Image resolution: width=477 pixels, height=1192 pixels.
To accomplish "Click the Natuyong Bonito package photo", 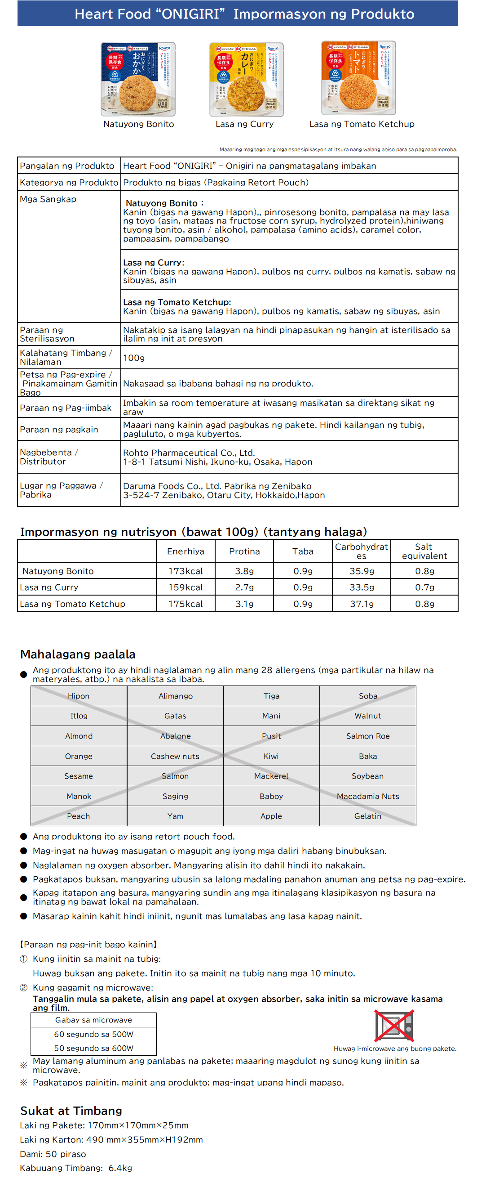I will tap(138, 79).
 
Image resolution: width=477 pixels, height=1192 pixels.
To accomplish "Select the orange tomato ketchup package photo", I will tap(359, 78).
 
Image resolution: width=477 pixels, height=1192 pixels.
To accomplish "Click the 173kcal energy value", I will tap(185, 571).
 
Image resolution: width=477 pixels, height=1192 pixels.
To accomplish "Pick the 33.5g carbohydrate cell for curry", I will tap(362, 587).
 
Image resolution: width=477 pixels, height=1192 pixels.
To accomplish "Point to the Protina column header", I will tap(244, 551).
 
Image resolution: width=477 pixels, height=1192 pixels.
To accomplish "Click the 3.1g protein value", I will tap(244, 604).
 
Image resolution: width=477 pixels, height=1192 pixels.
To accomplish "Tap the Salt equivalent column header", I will tap(424, 551).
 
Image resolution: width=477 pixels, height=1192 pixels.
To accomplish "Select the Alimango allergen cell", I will tap(175, 696).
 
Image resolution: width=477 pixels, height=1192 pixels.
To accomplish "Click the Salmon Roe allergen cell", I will tap(367, 736).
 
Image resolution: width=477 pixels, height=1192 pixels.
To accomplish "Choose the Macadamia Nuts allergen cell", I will tap(367, 796).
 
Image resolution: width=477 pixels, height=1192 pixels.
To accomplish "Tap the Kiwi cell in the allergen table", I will tap(271, 756).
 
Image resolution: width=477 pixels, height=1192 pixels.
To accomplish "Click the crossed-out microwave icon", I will tap(394, 1026).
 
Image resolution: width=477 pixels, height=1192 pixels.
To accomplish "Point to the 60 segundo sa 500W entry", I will tap(93, 1034).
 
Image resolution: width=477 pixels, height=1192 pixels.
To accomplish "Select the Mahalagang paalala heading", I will tap(78, 654).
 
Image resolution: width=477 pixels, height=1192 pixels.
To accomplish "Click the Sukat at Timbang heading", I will tap(71, 1111).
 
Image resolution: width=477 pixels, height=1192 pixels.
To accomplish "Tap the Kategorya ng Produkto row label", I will tap(69, 182).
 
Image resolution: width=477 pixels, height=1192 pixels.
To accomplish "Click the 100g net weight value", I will tap(133, 358).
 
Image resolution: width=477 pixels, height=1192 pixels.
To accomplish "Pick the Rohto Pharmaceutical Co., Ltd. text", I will tap(189, 453).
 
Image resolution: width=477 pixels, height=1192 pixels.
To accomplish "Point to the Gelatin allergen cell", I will tap(367, 816).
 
